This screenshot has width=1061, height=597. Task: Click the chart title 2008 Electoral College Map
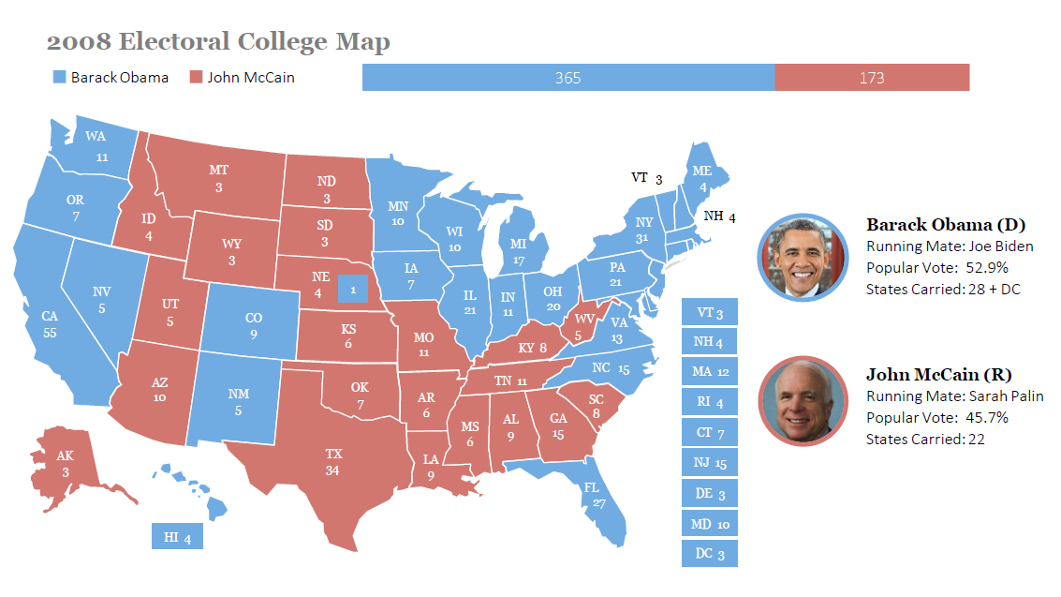click(x=218, y=42)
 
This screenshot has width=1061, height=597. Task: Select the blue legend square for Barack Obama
click(x=60, y=78)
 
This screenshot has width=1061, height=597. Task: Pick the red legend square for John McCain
click(x=196, y=78)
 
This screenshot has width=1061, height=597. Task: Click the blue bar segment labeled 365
click(x=567, y=78)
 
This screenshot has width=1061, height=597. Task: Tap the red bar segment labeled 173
click(x=871, y=78)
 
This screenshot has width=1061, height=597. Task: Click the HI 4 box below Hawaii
click(x=177, y=537)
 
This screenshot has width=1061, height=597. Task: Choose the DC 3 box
click(x=709, y=554)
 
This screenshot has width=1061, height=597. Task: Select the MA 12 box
click(x=709, y=372)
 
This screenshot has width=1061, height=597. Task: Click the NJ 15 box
click(x=709, y=463)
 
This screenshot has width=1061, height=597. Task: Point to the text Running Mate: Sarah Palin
click(x=954, y=396)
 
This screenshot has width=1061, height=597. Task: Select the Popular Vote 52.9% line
click(x=936, y=268)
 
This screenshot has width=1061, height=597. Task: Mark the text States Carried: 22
click(x=925, y=439)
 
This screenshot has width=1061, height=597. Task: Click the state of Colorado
click(x=251, y=324)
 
